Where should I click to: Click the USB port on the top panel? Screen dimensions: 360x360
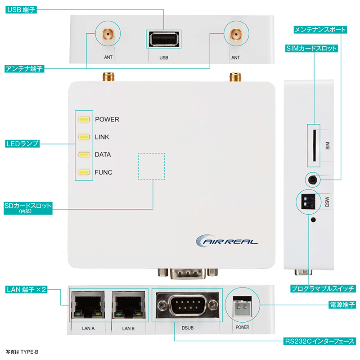[x=163, y=40]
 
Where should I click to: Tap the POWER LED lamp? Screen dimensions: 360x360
[x=84, y=120]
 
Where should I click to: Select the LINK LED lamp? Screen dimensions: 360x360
[x=84, y=137]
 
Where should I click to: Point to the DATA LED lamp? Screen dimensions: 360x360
[x=84, y=155]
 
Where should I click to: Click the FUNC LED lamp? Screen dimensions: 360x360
[x=84, y=172]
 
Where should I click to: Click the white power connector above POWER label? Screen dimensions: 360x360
[x=242, y=309]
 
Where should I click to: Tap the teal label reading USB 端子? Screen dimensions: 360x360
[x=21, y=9]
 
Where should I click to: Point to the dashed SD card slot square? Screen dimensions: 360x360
[x=151, y=166]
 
